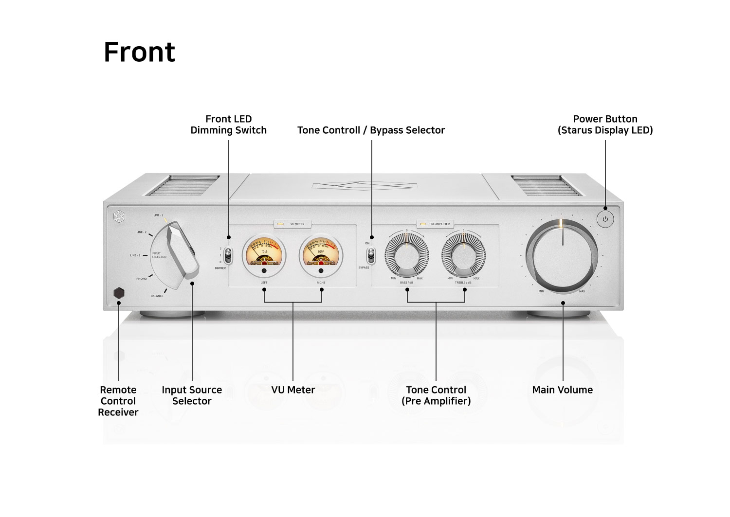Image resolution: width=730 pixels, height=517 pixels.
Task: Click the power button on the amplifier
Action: point(605,219)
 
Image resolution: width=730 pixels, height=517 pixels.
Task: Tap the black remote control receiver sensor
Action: point(119,293)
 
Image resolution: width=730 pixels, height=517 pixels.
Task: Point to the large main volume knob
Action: point(563,256)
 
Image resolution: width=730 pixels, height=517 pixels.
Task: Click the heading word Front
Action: point(139,52)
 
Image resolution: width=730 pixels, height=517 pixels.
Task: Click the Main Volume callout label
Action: point(562,390)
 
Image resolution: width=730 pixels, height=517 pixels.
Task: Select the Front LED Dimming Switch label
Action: point(228,125)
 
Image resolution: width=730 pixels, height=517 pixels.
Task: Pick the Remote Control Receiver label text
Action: point(118,401)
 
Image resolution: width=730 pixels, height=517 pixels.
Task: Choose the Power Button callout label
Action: point(605,125)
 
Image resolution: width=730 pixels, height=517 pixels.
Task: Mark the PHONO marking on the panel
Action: point(141,279)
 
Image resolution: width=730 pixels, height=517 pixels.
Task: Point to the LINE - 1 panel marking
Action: point(158,215)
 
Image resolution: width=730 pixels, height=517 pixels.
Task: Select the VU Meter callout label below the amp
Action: point(293,390)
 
